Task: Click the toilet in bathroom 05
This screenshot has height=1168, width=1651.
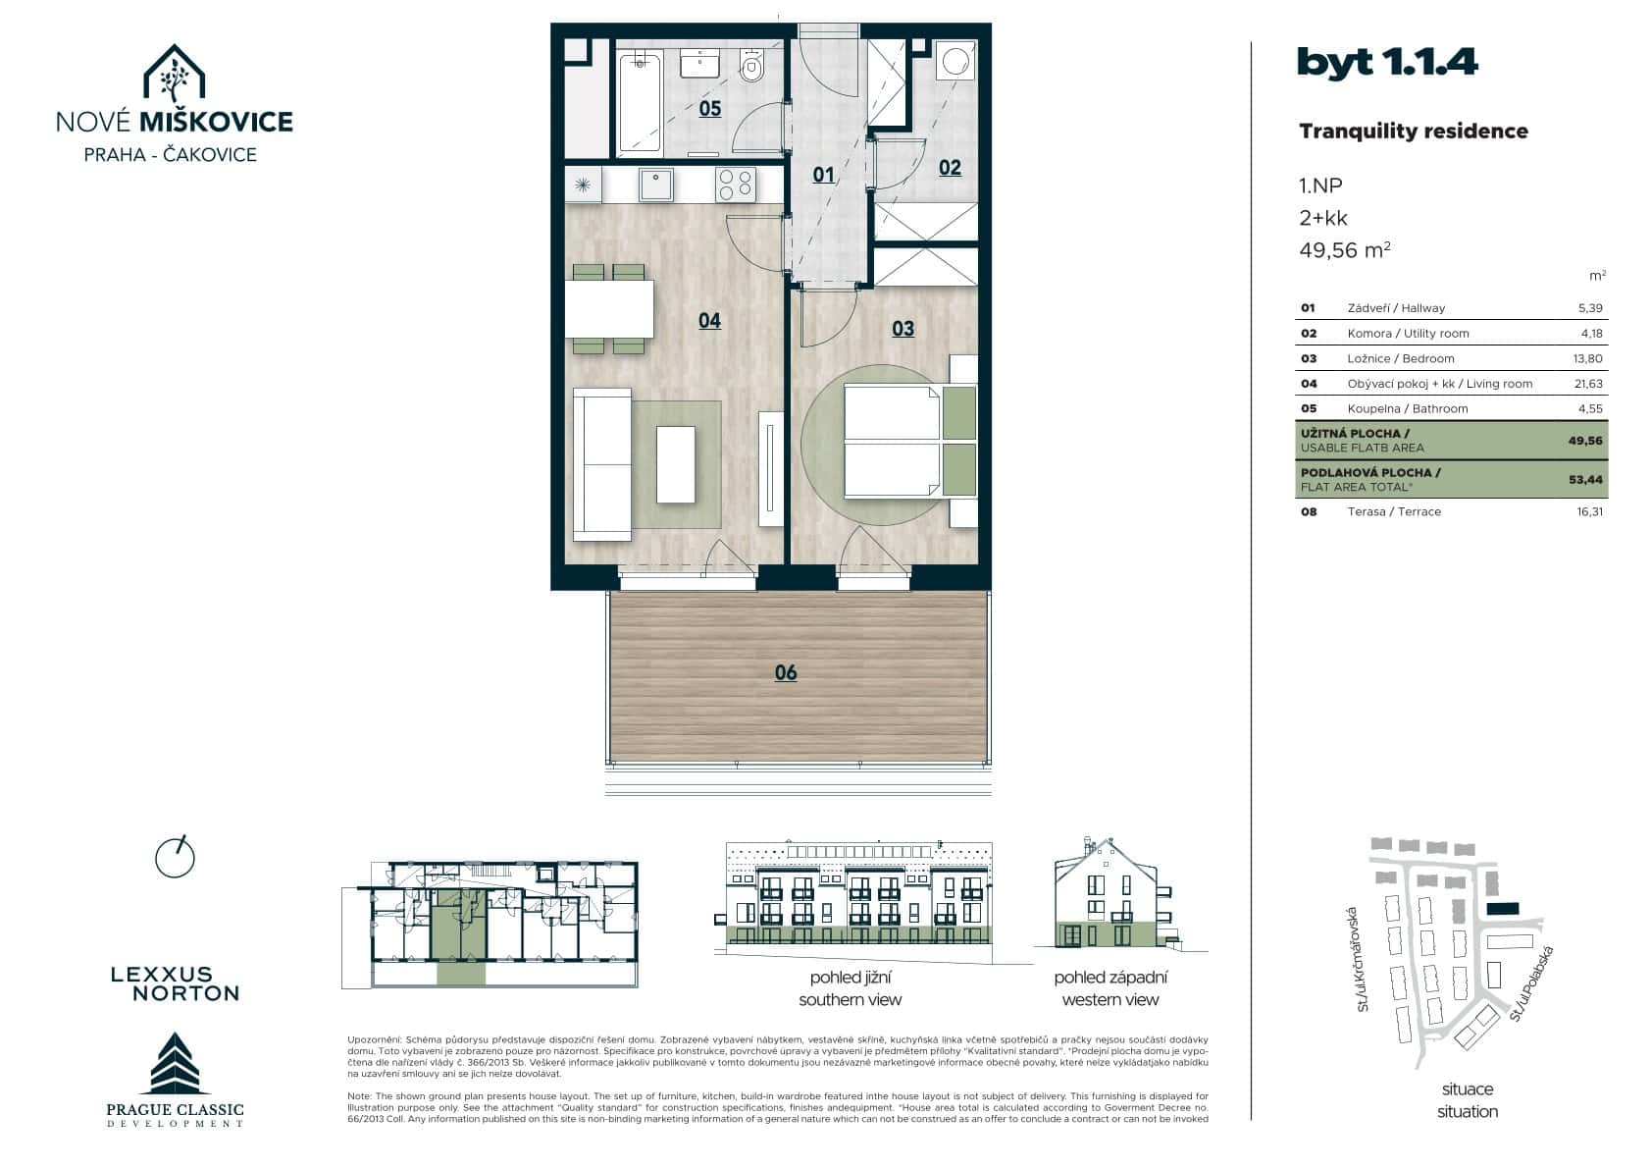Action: pos(752,67)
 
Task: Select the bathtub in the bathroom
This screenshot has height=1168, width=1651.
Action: pos(640,101)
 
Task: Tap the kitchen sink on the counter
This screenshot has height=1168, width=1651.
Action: pos(656,184)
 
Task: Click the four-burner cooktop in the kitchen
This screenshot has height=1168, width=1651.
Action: pos(735,184)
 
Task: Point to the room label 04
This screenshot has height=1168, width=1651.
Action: pos(709,321)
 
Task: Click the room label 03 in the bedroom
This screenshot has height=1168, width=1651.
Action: pos(903,329)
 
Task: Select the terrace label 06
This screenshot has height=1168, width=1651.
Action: pos(786,672)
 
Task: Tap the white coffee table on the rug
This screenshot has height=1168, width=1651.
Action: pos(675,464)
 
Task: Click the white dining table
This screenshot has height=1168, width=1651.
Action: pos(609,308)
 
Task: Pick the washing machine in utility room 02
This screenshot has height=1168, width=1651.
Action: pos(955,62)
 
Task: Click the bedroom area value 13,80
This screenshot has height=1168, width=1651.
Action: pos(1587,359)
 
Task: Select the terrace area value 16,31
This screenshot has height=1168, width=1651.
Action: pos(1589,512)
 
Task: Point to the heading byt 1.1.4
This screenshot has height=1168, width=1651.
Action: pos(1386,63)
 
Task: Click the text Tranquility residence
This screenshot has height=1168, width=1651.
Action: pos(1413,132)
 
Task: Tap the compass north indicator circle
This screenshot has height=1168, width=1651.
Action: pos(176,858)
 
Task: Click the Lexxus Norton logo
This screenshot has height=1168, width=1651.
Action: pos(175,983)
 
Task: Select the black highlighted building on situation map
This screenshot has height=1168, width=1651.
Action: pos(1502,909)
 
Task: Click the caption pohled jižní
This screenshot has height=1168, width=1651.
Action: pos(850,978)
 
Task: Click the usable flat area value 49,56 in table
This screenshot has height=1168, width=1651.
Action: pos(1584,441)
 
